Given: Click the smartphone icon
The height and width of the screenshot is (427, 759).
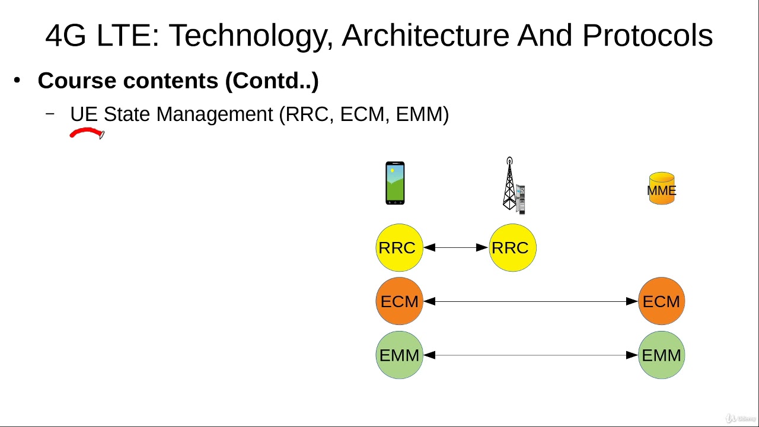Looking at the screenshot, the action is pos(395,183).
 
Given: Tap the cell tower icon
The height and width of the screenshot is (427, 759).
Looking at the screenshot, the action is pos(514,186).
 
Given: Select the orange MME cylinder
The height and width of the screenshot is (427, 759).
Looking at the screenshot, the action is pos(662,189).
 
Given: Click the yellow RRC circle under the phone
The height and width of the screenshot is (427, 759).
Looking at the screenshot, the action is pos(400,248).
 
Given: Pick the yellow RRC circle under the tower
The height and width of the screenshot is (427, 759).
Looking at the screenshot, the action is pos(513,248).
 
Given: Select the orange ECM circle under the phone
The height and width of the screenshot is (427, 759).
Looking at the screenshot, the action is pos(400,301).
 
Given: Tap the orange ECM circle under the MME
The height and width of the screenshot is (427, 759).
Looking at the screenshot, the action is pos(661,301).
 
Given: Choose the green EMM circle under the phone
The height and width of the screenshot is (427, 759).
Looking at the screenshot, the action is pos(400,355).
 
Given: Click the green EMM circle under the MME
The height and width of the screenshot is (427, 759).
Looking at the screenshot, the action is pos(661,355).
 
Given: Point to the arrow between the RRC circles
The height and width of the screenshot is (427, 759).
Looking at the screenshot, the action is pos(456,248).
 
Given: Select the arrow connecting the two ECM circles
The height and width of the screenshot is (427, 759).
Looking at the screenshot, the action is pos(531,301).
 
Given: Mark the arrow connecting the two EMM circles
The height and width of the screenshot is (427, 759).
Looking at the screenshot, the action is pos(531,355).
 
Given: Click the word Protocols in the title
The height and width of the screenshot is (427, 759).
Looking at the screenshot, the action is pos(648,35).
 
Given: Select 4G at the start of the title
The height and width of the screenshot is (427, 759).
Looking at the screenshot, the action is pos(66,35).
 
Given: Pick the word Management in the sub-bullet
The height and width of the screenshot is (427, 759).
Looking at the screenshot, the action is pos(215,115).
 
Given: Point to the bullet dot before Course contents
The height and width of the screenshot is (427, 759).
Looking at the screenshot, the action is pos(17,81).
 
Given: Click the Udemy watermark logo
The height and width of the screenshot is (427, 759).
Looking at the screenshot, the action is pos(741,418).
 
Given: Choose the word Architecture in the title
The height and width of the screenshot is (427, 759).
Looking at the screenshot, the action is pos(426,35).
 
